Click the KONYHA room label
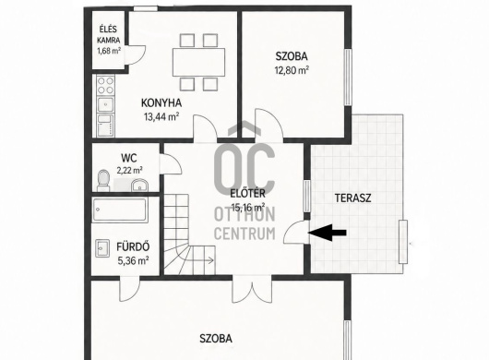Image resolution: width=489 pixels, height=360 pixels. tap(161, 102)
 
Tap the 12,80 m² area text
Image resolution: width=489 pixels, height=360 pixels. tap(292, 70)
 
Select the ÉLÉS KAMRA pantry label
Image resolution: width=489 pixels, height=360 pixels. tap(108, 34)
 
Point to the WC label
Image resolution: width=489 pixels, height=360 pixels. tap(129, 158)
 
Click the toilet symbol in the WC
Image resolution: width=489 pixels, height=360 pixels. tap(103, 180)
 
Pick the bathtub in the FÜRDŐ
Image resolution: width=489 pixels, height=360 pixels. tap(120, 210)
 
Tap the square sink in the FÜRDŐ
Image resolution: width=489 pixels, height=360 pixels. tap(102, 248)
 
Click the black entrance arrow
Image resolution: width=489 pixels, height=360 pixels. tap(327, 233)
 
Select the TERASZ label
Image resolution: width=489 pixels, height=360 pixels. tap(352, 198)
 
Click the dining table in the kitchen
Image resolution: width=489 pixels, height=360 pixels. tap(198, 62)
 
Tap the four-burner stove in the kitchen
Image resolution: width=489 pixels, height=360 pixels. tap(105, 86)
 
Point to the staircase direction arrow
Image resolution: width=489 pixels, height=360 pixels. tap(203, 260)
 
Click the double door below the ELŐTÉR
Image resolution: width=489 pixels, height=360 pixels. tap(252, 290)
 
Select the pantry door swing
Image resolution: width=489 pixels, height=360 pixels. tap(135, 54)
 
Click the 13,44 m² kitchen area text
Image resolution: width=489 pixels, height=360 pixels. tap(161, 116)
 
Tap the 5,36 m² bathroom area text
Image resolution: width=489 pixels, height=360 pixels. tap(133, 260)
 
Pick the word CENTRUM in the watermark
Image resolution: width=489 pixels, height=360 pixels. tap(244, 234)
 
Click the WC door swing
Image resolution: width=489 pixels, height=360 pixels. tap(171, 163)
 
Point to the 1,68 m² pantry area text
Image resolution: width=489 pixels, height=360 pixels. tap(109, 51)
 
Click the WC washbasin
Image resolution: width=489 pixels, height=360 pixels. tap(139, 186)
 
